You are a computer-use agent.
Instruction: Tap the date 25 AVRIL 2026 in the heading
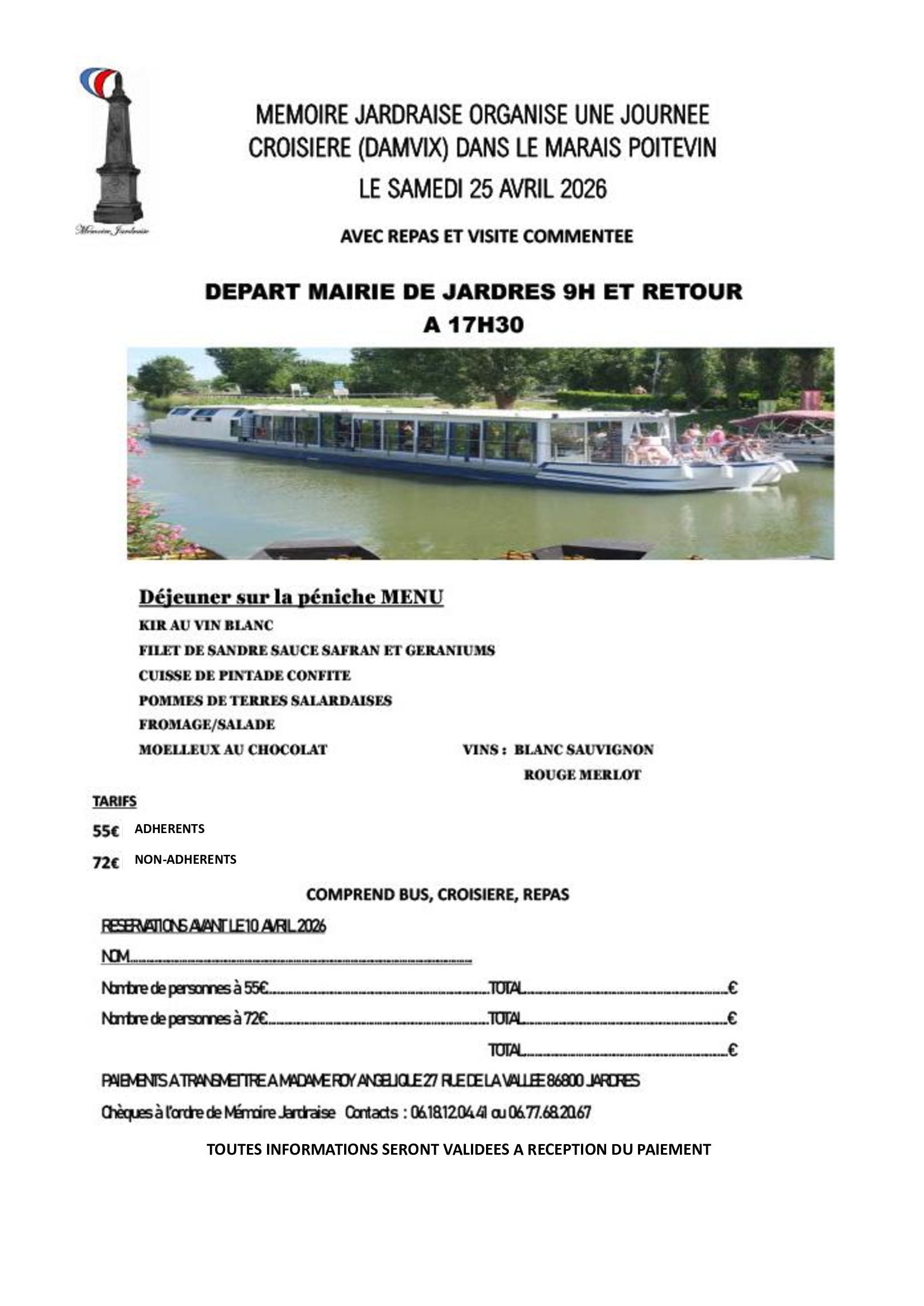click(x=537, y=189)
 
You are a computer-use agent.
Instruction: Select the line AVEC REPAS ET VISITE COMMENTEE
click(x=487, y=236)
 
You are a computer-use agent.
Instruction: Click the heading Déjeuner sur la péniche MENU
click(x=290, y=598)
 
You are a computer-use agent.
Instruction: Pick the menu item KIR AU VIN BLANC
click(x=206, y=625)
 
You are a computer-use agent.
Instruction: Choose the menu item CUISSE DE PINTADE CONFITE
click(x=245, y=675)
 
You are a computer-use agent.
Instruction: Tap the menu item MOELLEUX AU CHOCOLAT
click(x=233, y=750)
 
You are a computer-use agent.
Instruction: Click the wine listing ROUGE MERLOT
click(x=582, y=775)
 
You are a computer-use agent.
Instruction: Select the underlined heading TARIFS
click(x=115, y=801)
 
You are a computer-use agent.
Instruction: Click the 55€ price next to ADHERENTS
click(x=106, y=831)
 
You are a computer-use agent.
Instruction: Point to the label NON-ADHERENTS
click(x=185, y=859)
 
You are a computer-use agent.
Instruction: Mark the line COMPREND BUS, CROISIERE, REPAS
click(x=437, y=894)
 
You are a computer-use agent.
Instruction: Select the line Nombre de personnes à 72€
click(x=185, y=1018)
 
